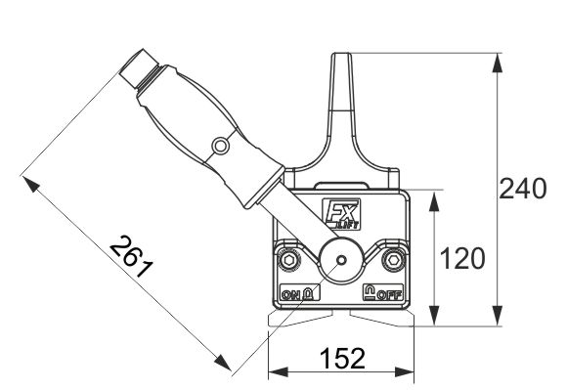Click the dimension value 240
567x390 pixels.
coord(523,189)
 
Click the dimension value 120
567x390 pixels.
coord(462,259)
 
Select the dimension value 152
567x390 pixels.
coord(342,358)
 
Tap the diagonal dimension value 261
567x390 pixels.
coord(132,257)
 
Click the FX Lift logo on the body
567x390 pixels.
coord(342,214)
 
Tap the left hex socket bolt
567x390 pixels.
coord(289,260)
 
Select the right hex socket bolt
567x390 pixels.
coord(393,260)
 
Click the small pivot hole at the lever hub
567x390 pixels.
coord(341,260)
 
